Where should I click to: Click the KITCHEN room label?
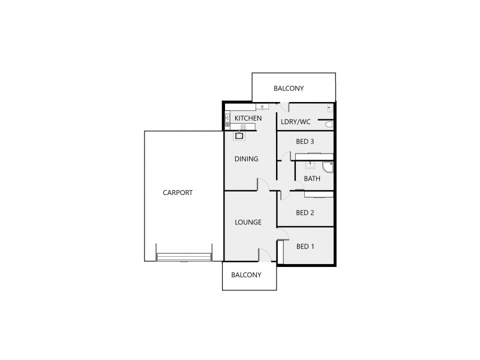click(248, 119)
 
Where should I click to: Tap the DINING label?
click(246, 159)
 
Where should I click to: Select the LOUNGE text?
click(248, 222)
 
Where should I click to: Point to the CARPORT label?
click(178, 193)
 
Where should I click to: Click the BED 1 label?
click(305, 247)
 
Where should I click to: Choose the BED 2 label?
click(305, 212)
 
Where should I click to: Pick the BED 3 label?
click(305, 142)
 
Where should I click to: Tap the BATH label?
click(312, 178)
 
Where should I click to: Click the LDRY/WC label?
click(296, 122)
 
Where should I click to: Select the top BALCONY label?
click(289, 88)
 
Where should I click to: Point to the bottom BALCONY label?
click(247, 275)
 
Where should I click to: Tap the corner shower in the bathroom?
click(327, 167)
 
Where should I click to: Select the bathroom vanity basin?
click(311, 163)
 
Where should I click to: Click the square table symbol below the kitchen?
click(239, 136)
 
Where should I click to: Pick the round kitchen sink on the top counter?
click(263, 107)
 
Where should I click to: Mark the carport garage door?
click(184, 257)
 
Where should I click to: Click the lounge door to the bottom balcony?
click(264, 255)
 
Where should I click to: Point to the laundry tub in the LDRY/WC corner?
click(330, 109)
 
